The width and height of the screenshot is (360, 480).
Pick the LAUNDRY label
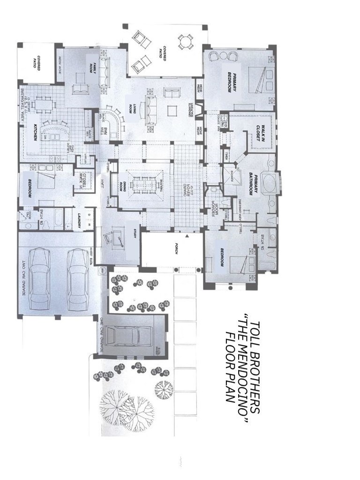pyautogui.click(x=79, y=220)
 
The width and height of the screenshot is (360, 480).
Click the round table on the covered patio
pyautogui.click(x=185, y=43)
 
